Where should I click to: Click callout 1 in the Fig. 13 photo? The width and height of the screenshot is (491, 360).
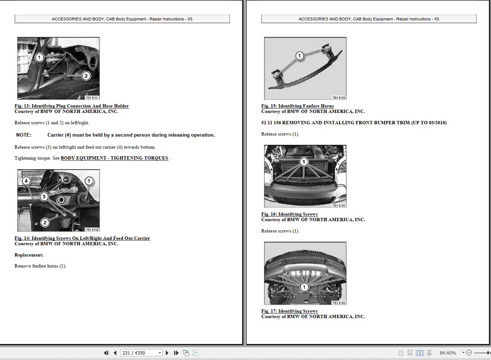click(39, 57)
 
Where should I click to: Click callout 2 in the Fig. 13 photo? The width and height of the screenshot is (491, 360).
click(86, 76)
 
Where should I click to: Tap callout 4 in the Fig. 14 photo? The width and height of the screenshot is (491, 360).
click(26, 181)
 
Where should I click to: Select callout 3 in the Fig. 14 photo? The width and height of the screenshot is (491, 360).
click(44, 197)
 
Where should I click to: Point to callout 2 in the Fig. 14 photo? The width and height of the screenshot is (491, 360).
click(44, 222)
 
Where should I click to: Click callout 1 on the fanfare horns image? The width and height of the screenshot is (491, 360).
click(299, 56)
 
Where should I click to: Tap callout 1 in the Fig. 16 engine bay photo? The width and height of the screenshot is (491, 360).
click(304, 161)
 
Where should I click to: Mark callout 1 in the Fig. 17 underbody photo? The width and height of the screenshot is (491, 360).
click(304, 287)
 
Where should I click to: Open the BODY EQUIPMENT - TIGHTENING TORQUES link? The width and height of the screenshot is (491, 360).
click(114, 158)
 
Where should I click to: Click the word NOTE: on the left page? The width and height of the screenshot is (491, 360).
click(24, 135)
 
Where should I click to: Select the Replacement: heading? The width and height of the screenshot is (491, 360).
click(29, 255)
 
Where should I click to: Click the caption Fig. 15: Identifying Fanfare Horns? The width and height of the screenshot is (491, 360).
click(297, 106)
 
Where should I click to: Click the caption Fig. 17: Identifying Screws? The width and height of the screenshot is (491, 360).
click(289, 311)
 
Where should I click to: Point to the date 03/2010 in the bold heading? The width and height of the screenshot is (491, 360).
click(435, 123)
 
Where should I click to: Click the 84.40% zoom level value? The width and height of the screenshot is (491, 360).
click(448, 353)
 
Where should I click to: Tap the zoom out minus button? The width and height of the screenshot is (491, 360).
click(469, 353)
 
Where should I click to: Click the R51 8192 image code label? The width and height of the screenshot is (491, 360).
click(92, 230)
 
